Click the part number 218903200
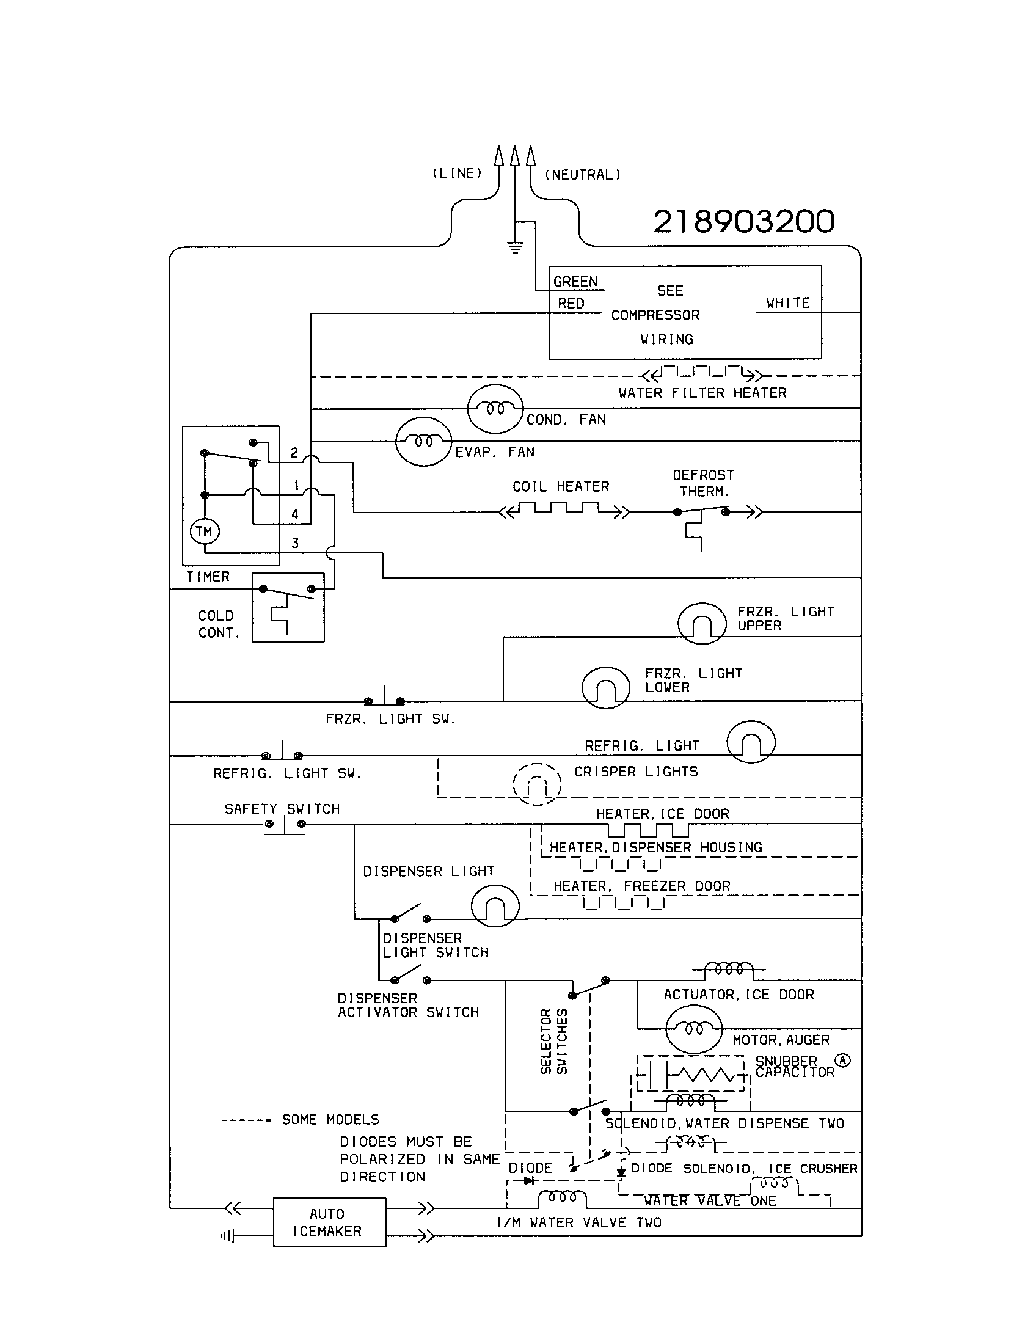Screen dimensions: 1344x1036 click(x=743, y=222)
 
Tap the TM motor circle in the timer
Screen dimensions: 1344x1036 click(x=204, y=531)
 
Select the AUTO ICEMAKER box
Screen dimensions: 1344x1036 click(x=329, y=1222)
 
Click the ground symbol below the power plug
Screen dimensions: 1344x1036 click(x=515, y=247)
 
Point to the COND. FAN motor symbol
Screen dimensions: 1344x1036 click(x=495, y=409)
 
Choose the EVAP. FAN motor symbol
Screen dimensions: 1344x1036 click(x=423, y=441)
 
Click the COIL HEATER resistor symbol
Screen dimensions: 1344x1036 click(x=564, y=509)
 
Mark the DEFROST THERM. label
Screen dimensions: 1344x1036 click(x=703, y=483)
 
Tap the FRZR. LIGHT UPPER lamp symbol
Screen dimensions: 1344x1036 click(x=701, y=623)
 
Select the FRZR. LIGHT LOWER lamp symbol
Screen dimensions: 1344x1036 click(x=605, y=687)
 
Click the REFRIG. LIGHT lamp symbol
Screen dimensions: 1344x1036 click(x=751, y=742)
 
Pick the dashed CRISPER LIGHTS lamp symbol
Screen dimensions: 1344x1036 click(x=537, y=784)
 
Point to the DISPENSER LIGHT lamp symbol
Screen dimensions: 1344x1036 click(x=495, y=906)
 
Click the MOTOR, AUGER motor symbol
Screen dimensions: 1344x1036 click(x=693, y=1029)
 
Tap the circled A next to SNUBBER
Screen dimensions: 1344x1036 click(x=842, y=1060)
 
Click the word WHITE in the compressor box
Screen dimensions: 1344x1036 click(x=787, y=303)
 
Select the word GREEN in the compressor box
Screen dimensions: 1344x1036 click(x=575, y=282)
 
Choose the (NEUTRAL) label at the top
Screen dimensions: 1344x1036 click(x=583, y=175)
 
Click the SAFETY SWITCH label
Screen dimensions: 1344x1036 click(x=282, y=809)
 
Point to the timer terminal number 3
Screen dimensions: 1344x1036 click(x=295, y=542)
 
